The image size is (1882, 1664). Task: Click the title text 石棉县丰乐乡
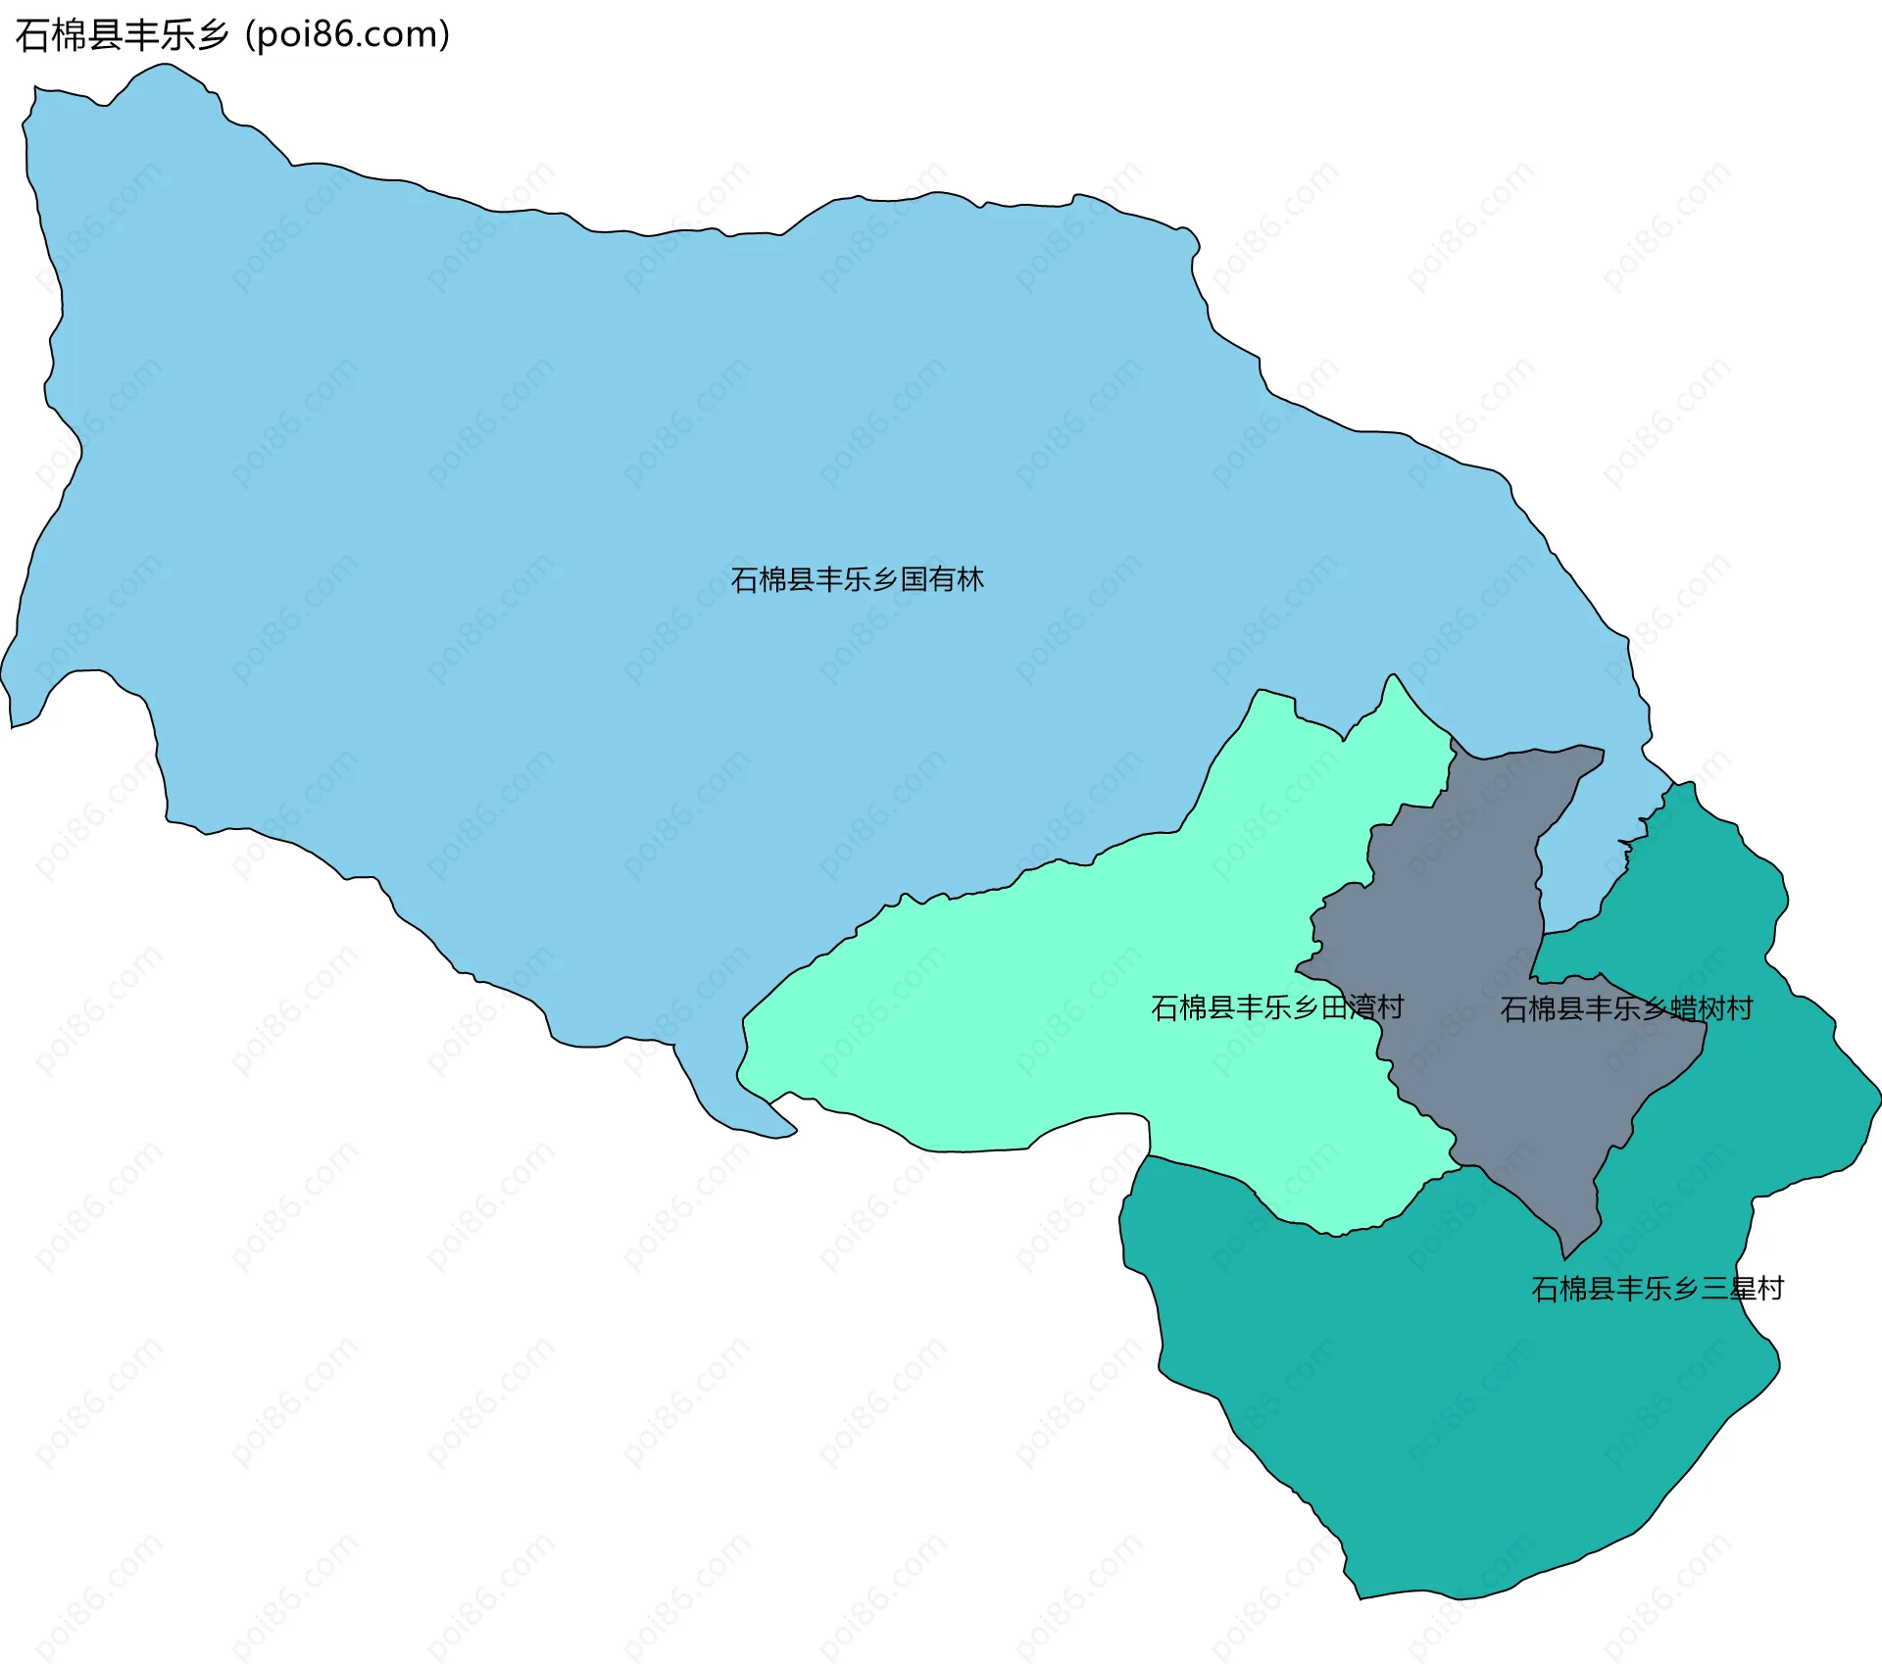pyautogui.click(x=123, y=35)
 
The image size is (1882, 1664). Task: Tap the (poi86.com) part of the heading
pyautogui.click(x=347, y=35)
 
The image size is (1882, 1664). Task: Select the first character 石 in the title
pyautogui.click(x=30, y=35)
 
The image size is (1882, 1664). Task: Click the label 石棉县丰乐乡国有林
pyautogui.click(x=857, y=579)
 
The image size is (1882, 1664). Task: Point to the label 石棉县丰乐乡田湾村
pyautogui.click(x=1276, y=1007)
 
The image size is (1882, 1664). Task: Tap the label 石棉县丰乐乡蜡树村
pyautogui.click(x=1626, y=1008)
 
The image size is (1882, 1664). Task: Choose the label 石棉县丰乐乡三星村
pyautogui.click(x=1657, y=1288)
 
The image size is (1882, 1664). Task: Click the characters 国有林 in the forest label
pyautogui.click(x=942, y=579)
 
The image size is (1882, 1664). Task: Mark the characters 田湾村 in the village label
pyautogui.click(x=1362, y=1007)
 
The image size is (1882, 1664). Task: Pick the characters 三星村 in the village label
pyautogui.click(x=1742, y=1288)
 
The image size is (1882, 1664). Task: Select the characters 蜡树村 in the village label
pyautogui.click(x=1711, y=1008)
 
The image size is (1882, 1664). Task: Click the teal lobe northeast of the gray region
pyautogui.click(x=1706, y=882)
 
